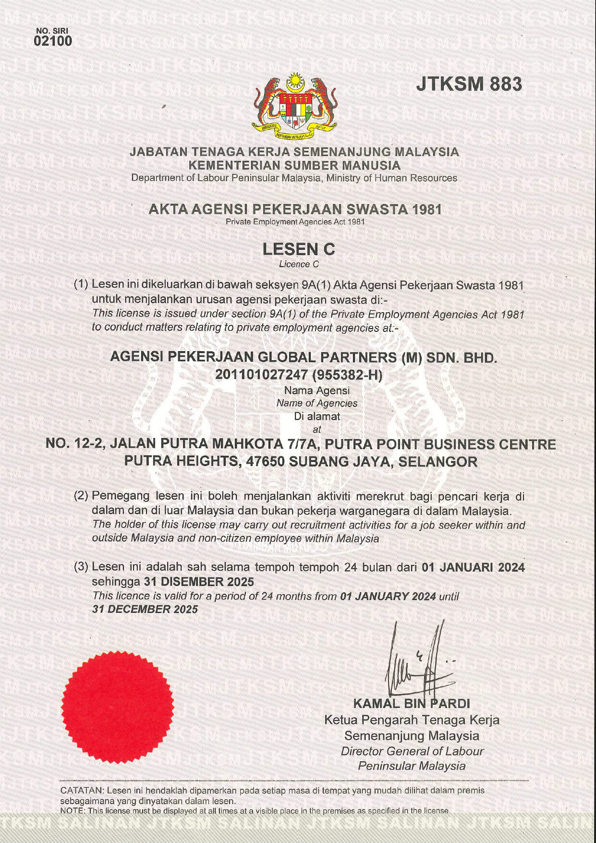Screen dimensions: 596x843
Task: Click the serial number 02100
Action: click(53, 41)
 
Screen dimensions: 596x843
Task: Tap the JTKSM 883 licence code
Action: click(469, 84)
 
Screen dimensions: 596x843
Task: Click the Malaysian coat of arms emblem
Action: click(294, 105)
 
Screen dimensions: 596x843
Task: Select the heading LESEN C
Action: click(299, 249)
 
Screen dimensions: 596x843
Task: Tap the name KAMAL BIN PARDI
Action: click(412, 704)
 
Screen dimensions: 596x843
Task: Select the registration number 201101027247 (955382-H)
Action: click(299, 375)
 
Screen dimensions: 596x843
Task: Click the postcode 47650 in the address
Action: click(266, 462)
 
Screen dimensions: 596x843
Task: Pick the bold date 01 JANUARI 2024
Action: click(473, 567)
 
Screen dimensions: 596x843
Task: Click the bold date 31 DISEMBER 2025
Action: click(199, 582)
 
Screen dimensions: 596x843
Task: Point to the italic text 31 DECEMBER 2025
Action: click(145, 609)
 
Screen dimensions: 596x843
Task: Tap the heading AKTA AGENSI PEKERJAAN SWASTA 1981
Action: click(295, 209)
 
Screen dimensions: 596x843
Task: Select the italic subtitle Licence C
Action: click(299, 264)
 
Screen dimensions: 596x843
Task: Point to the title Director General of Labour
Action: click(412, 751)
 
